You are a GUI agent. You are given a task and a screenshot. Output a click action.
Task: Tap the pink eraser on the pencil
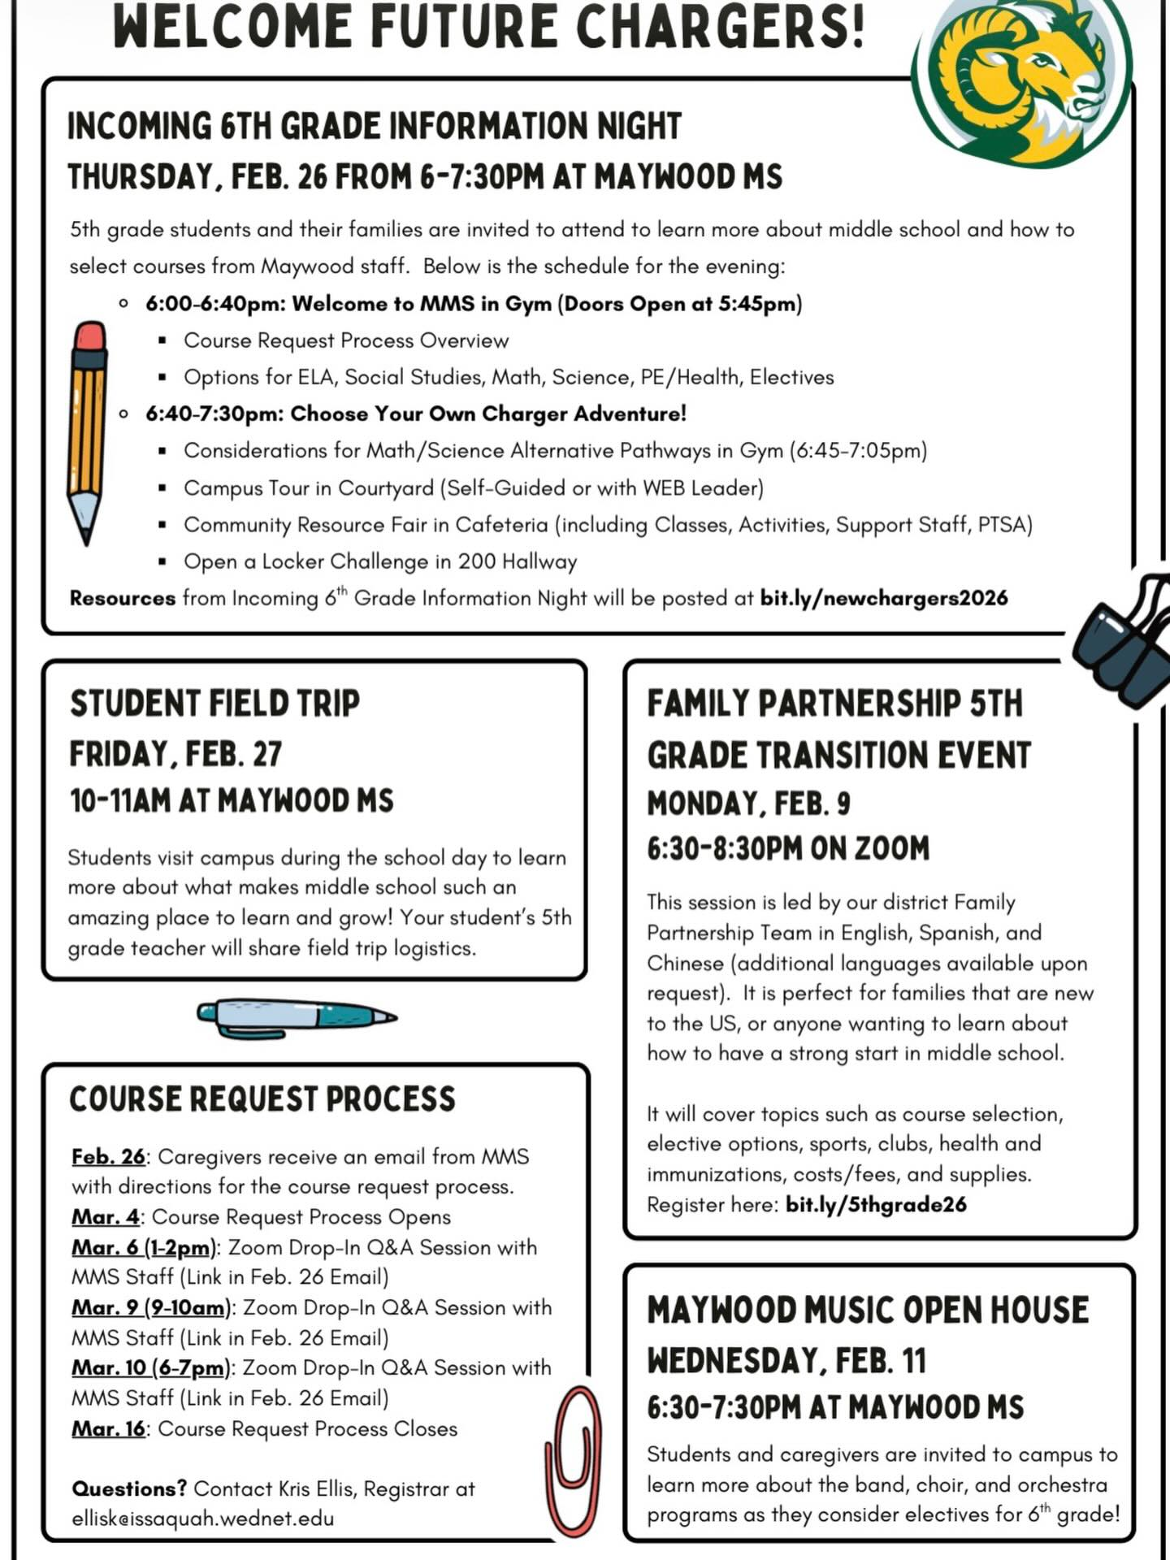(89, 336)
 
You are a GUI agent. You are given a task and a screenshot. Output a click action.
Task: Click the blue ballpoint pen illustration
(297, 1016)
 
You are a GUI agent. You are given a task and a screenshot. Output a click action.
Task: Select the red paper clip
(574, 1458)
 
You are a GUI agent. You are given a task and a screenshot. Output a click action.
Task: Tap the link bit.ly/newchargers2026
(883, 598)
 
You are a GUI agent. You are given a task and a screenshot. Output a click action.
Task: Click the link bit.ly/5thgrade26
(876, 1204)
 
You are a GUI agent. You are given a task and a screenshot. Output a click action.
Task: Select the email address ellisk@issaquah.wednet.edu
(202, 1519)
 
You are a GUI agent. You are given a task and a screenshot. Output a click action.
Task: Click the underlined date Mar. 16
(108, 1428)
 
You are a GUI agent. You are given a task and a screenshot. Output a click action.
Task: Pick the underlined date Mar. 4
(105, 1217)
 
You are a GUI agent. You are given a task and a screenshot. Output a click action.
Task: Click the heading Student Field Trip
(214, 704)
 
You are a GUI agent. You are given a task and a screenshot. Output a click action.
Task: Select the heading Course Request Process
(262, 1099)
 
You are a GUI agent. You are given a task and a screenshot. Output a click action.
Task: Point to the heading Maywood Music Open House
(868, 1311)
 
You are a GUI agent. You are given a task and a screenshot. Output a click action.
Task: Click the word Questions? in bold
(129, 1488)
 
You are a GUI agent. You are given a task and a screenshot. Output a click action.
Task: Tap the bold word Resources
(122, 599)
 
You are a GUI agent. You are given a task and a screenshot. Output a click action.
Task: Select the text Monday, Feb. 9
(748, 804)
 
